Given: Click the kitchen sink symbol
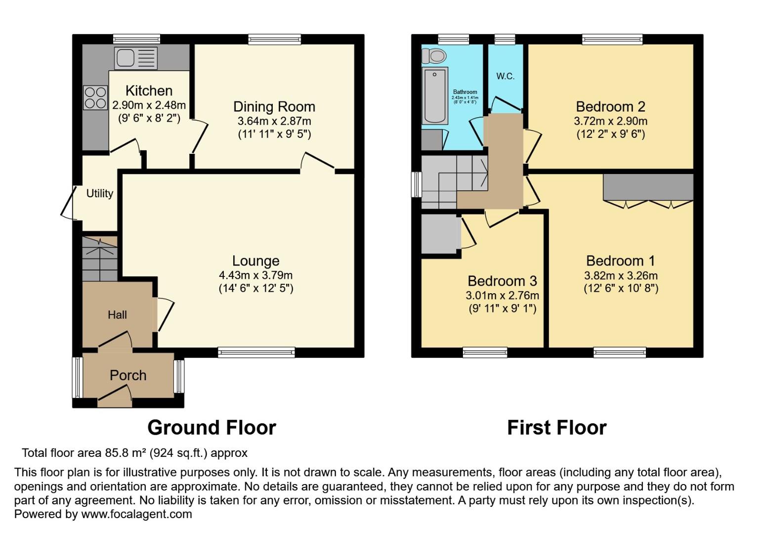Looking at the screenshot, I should (136, 58).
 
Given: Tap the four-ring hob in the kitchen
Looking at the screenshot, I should (95, 97).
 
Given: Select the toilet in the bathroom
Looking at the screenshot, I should (434, 56).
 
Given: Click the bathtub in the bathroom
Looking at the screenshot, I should (435, 96).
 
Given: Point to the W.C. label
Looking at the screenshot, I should (505, 76).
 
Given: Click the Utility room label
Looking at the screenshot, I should (100, 193).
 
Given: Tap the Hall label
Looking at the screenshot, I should (117, 314).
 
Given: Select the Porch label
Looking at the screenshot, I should (128, 375).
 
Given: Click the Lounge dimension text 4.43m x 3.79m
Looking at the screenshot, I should (255, 275).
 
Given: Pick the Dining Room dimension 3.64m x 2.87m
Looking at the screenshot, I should (274, 121).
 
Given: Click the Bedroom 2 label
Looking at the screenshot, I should (610, 106).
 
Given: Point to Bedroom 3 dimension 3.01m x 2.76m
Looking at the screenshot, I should (502, 296).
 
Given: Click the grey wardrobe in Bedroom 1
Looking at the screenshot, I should (648, 187).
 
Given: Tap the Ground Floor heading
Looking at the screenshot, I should (212, 428).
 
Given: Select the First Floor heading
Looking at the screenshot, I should (556, 428).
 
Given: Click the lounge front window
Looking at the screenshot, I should (256, 352).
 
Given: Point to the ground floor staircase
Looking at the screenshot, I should (99, 259).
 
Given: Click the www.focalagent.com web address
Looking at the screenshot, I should (136, 514).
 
